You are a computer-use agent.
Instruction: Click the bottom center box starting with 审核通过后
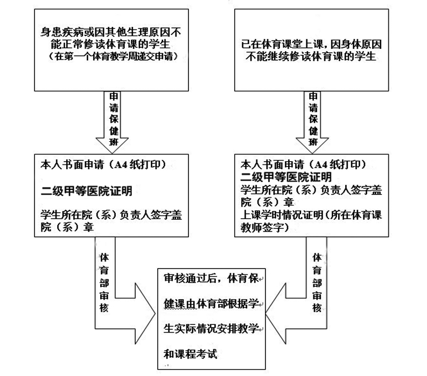pyautogui.click(x=212, y=317)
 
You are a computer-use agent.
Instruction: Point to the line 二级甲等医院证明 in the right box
pyautogui.click(x=285, y=176)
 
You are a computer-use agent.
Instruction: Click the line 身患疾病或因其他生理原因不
pyautogui.click(x=111, y=31)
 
